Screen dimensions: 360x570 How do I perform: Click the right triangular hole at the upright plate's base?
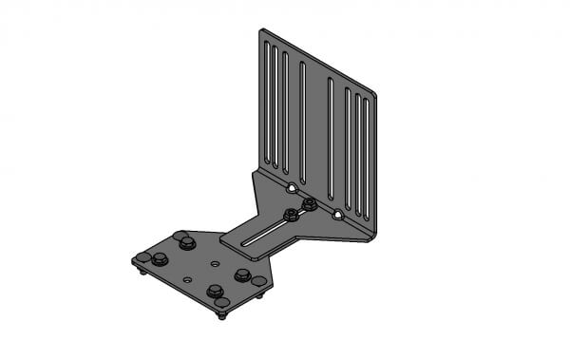pyautogui.click(x=337, y=216)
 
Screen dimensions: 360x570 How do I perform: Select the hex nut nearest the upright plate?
pyautogui.click(x=309, y=203)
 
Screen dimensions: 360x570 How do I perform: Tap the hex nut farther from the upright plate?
pyautogui.click(x=290, y=216)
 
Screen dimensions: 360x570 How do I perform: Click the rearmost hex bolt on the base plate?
pyautogui.click(x=187, y=243)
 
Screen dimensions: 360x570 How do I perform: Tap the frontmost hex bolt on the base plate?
pyautogui.click(x=215, y=291)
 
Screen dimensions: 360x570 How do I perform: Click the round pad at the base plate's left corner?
pyautogui.click(x=142, y=257)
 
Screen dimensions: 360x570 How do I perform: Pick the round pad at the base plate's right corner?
pyautogui.click(x=258, y=281)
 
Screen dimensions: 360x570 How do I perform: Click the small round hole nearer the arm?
pyautogui.click(x=217, y=263)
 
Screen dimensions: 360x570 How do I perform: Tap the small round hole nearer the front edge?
pyautogui.click(x=187, y=279)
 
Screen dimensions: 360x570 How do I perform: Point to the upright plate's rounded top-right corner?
pyautogui.click(x=373, y=94)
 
